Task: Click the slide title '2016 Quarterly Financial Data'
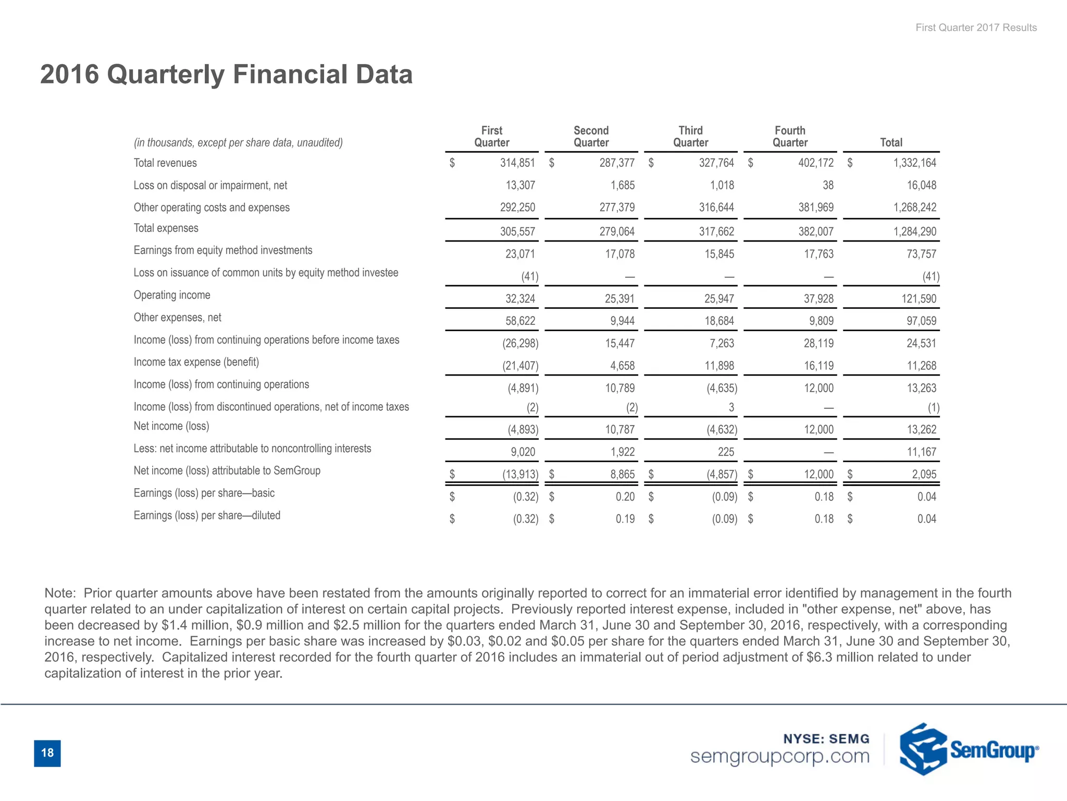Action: tap(226, 74)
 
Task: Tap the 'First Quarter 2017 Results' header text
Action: tap(976, 28)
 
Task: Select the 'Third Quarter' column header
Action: tap(690, 137)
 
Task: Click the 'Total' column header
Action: tap(891, 142)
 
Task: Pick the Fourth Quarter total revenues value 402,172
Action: tap(815, 163)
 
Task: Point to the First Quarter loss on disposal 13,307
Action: tap(520, 185)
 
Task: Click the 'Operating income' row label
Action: tap(172, 295)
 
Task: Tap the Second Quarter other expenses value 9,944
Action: tap(622, 321)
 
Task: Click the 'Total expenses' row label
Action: tap(166, 228)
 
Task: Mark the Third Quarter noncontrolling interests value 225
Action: tap(725, 452)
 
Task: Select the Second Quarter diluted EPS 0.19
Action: tap(625, 519)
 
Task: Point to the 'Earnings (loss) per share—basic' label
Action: tap(204, 493)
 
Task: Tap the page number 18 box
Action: tap(47, 753)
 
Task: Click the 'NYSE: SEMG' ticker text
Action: tap(826, 739)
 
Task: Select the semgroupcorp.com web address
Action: tap(779, 756)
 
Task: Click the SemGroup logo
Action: tap(969, 749)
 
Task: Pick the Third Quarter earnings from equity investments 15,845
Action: tap(716, 254)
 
